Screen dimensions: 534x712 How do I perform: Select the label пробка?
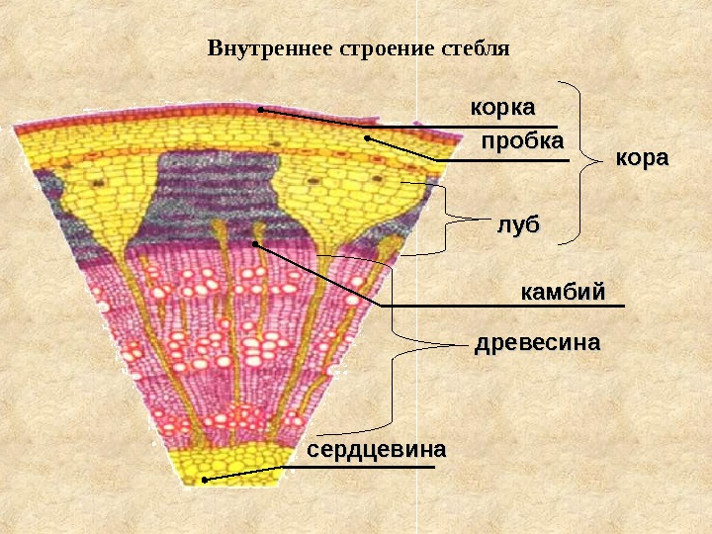click(x=522, y=142)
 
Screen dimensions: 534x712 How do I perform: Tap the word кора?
click(x=642, y=158)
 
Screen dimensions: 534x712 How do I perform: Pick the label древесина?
click(x=538, y=344)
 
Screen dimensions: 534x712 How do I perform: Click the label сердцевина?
click(x=376, y=450)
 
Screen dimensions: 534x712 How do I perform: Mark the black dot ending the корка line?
click(x=260, y=111)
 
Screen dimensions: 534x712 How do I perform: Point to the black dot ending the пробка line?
click(x=366, y=138)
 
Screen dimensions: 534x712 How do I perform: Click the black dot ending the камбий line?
click(x=255, y=243)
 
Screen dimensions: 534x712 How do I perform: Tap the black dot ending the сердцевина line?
click(x=205, y=481)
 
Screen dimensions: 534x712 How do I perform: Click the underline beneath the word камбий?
click(x=504, y=307)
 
